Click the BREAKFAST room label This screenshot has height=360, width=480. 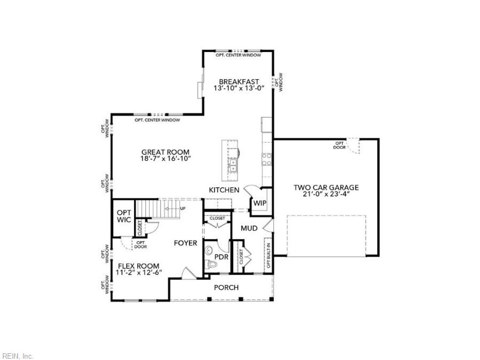click(239, 82)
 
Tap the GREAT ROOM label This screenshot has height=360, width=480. click(165, 152)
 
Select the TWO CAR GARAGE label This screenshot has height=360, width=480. click(326, 187)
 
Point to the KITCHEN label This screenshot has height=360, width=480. click(224, 190)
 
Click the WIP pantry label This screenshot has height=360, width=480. click(259, 203)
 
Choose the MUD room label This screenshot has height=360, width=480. click(249, 228)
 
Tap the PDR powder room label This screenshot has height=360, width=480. click(221, 257)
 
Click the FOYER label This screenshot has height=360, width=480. click(185, 243)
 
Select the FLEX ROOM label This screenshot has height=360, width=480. click(138, 266)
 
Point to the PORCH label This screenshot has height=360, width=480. click(226, 287)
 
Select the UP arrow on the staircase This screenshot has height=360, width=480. click(180, 208)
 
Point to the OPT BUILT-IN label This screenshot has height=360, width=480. click(269, 255)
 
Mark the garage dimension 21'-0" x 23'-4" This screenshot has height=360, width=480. click(326, 195)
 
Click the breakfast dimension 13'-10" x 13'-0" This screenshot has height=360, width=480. click(239, 88)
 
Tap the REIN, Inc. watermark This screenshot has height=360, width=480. click(17, 356)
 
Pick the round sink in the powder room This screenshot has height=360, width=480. click(209, 249)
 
